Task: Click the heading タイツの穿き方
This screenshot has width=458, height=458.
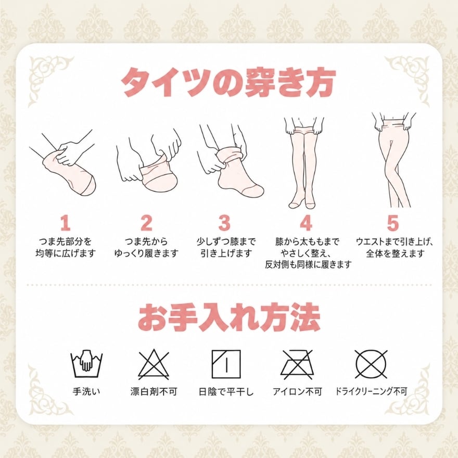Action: coord(228,82)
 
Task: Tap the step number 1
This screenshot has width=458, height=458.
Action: coord(66,223)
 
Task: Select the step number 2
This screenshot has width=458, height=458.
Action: coord(146,223)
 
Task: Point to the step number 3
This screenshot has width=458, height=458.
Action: coord(224,223)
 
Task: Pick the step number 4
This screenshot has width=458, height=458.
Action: coord(306,223)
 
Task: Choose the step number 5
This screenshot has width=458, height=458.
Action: coord(393,223)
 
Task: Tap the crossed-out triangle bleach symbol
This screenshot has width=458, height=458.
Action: coord(154,364)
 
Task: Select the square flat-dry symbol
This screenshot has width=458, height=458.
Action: coord(226,364)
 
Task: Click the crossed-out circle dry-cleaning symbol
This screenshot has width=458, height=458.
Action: coord(371,364)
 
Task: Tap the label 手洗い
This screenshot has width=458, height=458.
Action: coord(86,391)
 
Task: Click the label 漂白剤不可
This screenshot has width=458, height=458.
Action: coord(154,391)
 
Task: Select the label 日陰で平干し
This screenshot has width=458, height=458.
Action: coord(226,391)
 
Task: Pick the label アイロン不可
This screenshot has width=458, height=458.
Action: coord(297,391)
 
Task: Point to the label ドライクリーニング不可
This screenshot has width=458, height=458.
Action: coord(371,391)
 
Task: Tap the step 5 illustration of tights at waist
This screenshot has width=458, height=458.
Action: coord(395,160)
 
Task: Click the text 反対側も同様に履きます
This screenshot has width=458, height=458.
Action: coord(308,264)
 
